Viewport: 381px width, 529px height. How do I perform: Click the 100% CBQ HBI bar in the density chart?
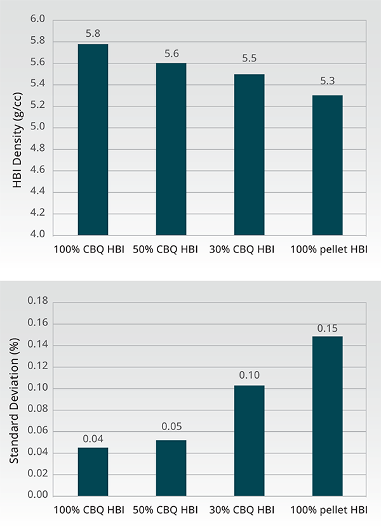coord(93,140)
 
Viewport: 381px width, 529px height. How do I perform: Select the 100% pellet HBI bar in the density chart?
coord(327,165)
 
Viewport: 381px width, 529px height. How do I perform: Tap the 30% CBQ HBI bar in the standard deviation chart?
coord(250,441)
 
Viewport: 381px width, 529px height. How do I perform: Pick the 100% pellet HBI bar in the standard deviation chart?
coord(327,416)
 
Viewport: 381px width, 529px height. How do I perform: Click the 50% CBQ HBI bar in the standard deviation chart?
coord(171,468)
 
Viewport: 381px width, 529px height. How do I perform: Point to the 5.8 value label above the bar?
coord(93,34)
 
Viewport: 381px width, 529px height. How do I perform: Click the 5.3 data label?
coord(327,81)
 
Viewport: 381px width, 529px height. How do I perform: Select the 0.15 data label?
coord(327,329)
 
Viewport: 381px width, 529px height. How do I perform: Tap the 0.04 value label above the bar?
coord(93,438)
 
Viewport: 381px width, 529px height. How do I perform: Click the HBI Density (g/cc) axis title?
coord(17,140)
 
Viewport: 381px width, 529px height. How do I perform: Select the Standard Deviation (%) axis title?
coord(14,401)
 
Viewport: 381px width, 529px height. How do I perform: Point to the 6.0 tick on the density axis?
coord(37,19)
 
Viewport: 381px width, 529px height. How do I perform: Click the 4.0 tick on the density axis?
coord(37,234)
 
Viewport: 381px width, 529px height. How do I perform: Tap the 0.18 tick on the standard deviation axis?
coord(38,301)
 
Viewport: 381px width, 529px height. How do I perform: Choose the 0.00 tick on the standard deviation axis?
coord(38,495)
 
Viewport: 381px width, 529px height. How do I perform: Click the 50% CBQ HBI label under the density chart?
coord(165,250)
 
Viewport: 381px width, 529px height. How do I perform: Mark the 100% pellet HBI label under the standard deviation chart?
coord(329,510)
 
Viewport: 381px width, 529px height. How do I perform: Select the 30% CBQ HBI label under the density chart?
coord(242,250)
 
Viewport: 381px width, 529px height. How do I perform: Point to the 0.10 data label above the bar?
coord(250,375)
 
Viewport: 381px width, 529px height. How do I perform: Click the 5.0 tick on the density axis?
coord(37,126)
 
